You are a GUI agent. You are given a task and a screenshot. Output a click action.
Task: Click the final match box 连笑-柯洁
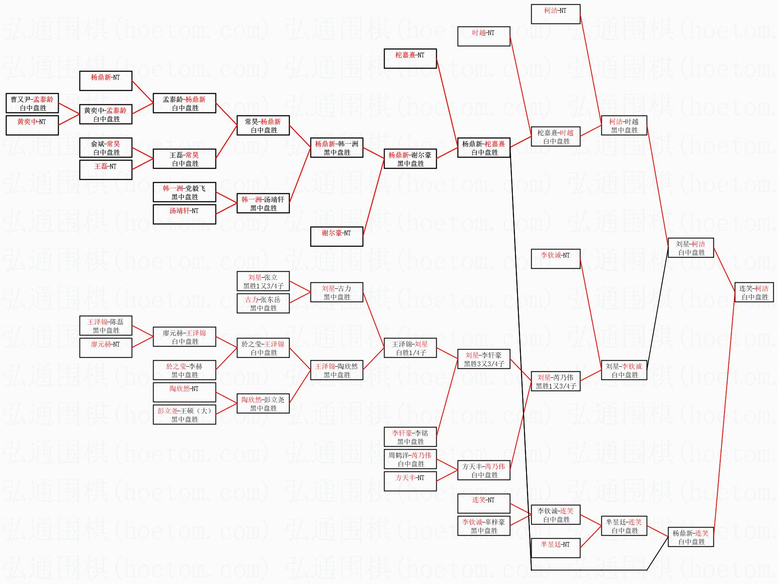click(754, 293)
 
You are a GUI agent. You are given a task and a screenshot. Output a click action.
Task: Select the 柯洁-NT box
click(555, 14)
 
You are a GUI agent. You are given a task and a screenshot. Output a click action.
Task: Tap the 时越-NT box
click(484, 36)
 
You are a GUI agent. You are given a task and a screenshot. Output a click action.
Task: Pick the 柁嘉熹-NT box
click(410, 58)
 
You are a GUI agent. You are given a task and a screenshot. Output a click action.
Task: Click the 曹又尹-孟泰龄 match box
click(32, 104)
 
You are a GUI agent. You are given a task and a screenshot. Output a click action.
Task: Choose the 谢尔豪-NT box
click(336, 236)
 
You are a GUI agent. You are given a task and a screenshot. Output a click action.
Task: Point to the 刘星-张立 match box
click(263, 282)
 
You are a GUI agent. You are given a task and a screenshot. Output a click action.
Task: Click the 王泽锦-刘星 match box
click(410, 348)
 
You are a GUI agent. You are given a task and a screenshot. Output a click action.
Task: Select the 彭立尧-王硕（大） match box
click(184, 415)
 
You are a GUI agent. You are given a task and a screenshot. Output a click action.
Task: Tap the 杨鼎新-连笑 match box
click(690, 537)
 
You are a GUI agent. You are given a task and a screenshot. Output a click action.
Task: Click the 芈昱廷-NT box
click(555, 548)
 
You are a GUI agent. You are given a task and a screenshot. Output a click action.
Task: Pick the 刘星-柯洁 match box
click(690, 248)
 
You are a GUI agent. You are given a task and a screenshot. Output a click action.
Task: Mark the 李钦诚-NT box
click(555, 258)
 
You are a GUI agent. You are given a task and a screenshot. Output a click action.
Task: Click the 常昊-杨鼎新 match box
click(263, 126)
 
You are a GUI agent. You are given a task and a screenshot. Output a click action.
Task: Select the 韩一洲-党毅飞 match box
click(184, 193)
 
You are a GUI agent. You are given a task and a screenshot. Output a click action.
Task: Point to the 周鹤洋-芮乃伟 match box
click(410, 459)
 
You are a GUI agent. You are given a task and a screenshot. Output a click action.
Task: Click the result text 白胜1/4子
click(411, 353)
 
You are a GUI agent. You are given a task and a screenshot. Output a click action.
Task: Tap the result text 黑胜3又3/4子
click(484, 364)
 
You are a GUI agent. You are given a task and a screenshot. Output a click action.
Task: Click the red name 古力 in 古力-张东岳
click(251, 300)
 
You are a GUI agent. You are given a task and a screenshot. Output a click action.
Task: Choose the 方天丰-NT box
click(410, 481)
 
